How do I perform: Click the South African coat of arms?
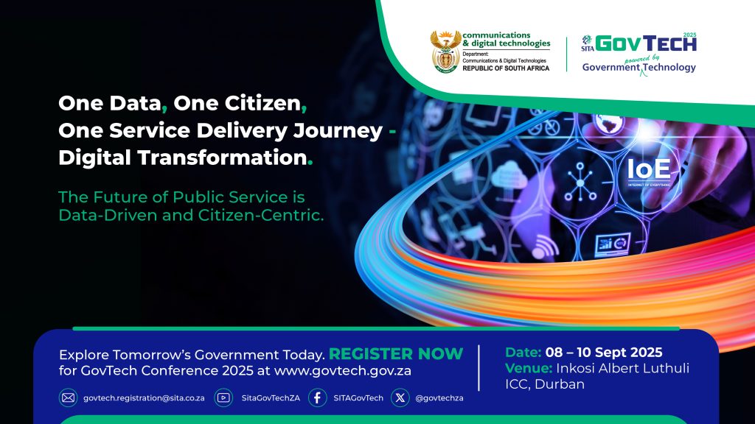(x=445, y=52)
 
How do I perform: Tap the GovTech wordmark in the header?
(x=646, y=43)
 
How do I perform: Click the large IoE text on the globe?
(x=649, y=169)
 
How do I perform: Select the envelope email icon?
(x=69, y=398)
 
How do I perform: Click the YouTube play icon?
(x=223, y=398)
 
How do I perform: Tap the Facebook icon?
(x=317, y=398)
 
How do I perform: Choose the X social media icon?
(x=400, y=398)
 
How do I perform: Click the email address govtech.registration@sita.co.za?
(x=144, y=398)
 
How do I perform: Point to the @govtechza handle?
(x=439, y=398)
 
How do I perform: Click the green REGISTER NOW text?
(x=396, y=354)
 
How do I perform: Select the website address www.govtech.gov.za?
(x=343, y=371)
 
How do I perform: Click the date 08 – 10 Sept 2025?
(x=604, y=353)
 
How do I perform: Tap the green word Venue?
(x=529, y=368)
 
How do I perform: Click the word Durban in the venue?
(x=560, y=384)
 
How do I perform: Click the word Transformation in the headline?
(x=223, y=158)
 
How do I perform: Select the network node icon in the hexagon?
(x=580, y=183)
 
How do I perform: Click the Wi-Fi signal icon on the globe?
(x=545, y=247)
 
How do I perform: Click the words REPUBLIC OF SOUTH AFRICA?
(x=506, y=68)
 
